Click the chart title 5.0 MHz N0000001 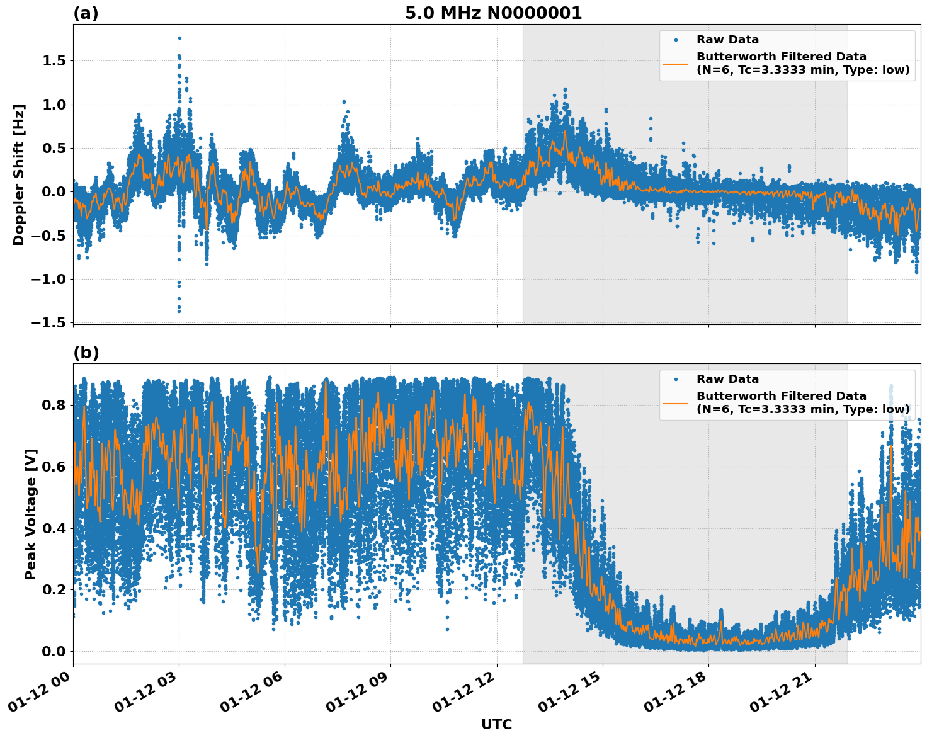[x=493, y=13]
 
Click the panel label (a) [x=86, y=13]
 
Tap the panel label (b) [x=86, y=353]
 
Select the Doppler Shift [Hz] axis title [x=19, y=174]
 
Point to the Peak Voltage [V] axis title [x=31, y=514]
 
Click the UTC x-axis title [x=496, y=724]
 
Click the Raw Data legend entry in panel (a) [x=727, y=40]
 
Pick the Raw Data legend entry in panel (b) [x=727, y=379]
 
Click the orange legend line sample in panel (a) [x=675, y=64]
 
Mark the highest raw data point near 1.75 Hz [x=179, y=38]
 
